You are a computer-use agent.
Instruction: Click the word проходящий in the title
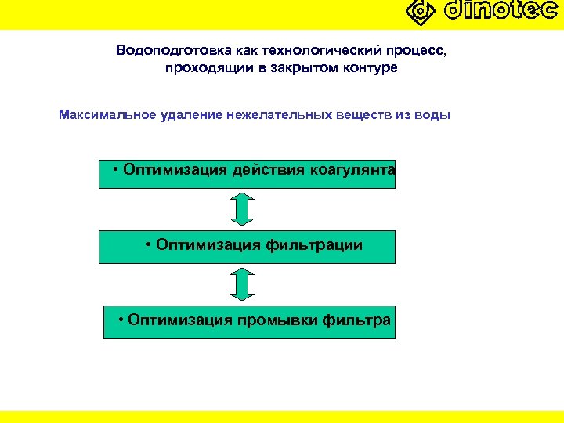click(203, 68)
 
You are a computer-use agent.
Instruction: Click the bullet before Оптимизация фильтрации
click(150, 245)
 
